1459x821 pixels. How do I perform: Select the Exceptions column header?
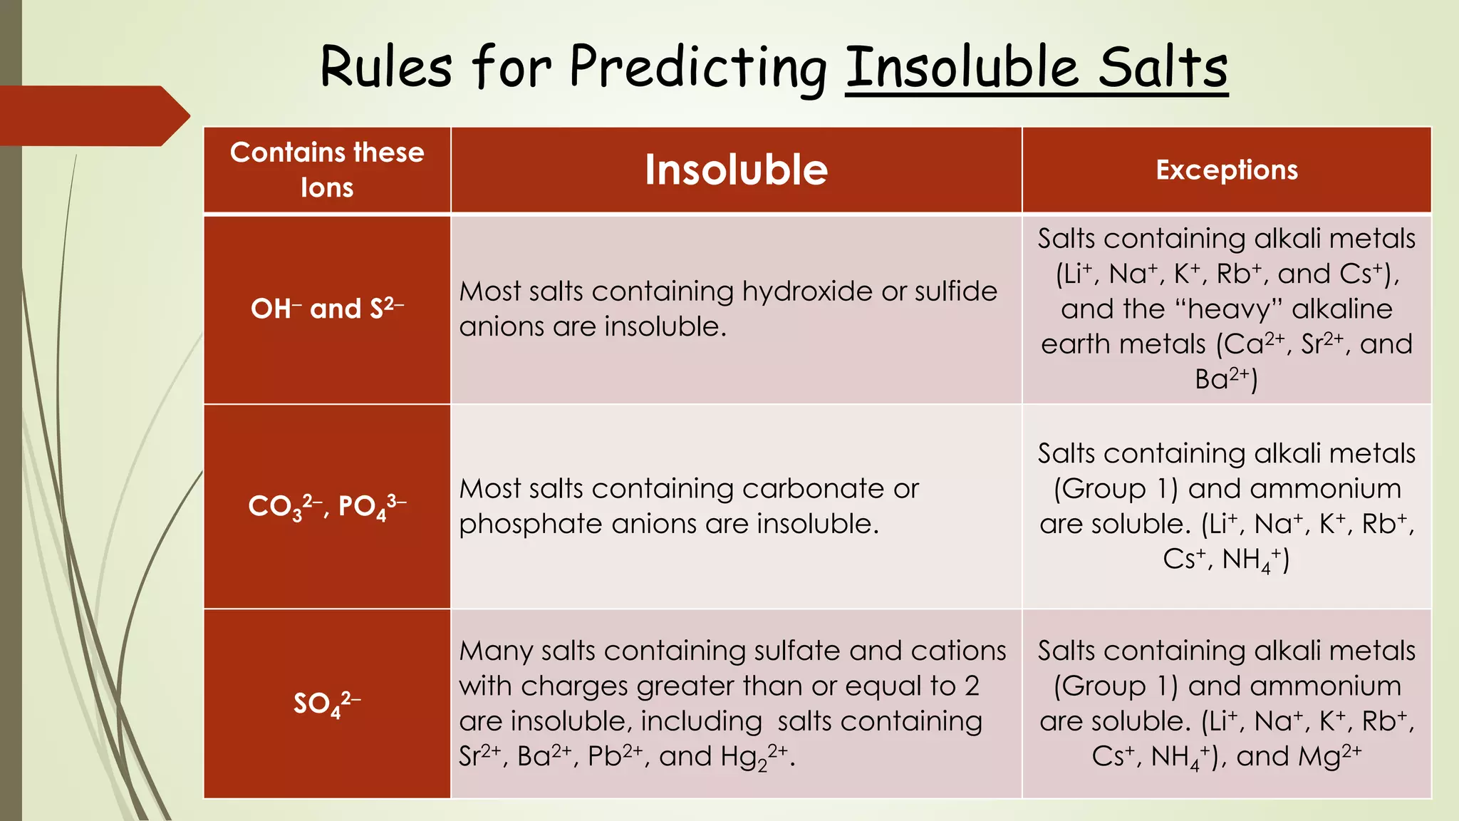click(x=1226, y=170)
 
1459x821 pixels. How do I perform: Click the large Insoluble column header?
click(x=736, y=170)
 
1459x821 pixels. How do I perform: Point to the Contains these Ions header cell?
click(x=327, y=170)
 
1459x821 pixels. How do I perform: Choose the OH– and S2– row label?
click(x=327, y=309)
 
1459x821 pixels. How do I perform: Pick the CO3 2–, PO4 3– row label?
click(x=327, y=506)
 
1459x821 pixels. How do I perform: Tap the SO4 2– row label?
click(x=327, y=703)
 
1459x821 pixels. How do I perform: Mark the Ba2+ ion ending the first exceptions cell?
click(x=1222, y=379)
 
